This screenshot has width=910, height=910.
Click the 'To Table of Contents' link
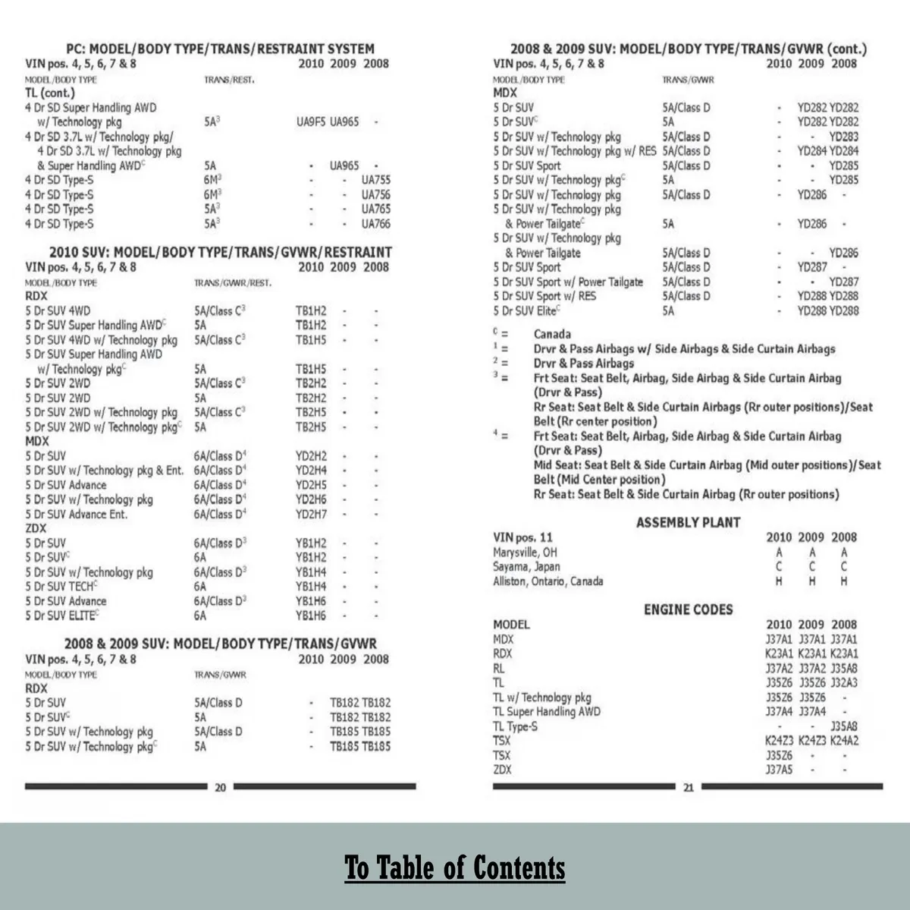point(455,867)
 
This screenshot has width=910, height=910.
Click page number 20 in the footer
point(220,787)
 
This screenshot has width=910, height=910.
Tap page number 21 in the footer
point(688,787)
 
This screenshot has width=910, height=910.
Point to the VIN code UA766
point(376,224)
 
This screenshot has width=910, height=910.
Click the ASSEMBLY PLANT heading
point(688,522)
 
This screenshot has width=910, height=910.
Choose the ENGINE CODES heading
point(688,609)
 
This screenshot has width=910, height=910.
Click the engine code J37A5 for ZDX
point(779,770)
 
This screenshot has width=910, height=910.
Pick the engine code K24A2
point(844,740)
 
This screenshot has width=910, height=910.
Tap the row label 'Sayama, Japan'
point(526,566)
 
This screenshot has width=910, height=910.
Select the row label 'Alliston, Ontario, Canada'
point(548,581)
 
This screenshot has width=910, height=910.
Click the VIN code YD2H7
point(311,514)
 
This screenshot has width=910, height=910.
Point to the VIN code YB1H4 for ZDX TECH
point(311,587)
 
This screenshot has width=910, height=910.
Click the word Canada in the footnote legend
point(552,334)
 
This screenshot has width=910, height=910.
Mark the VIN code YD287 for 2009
point(812,267)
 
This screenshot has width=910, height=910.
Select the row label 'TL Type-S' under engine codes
point(515,726)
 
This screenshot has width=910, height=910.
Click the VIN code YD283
point(844,137)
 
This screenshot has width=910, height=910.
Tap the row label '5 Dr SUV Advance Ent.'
point(76,514)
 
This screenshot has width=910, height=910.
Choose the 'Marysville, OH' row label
point(525,552)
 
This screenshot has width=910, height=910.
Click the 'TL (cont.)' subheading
point(50,93)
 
